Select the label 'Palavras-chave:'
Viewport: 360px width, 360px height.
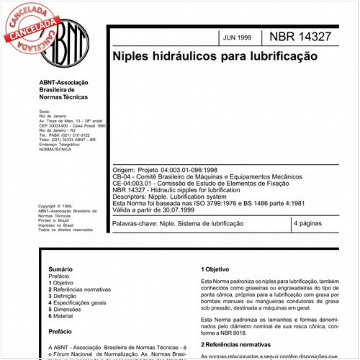(137, 225)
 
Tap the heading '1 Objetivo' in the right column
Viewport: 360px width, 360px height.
(217, 269)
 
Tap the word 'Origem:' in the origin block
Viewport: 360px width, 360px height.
(124, 167)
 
